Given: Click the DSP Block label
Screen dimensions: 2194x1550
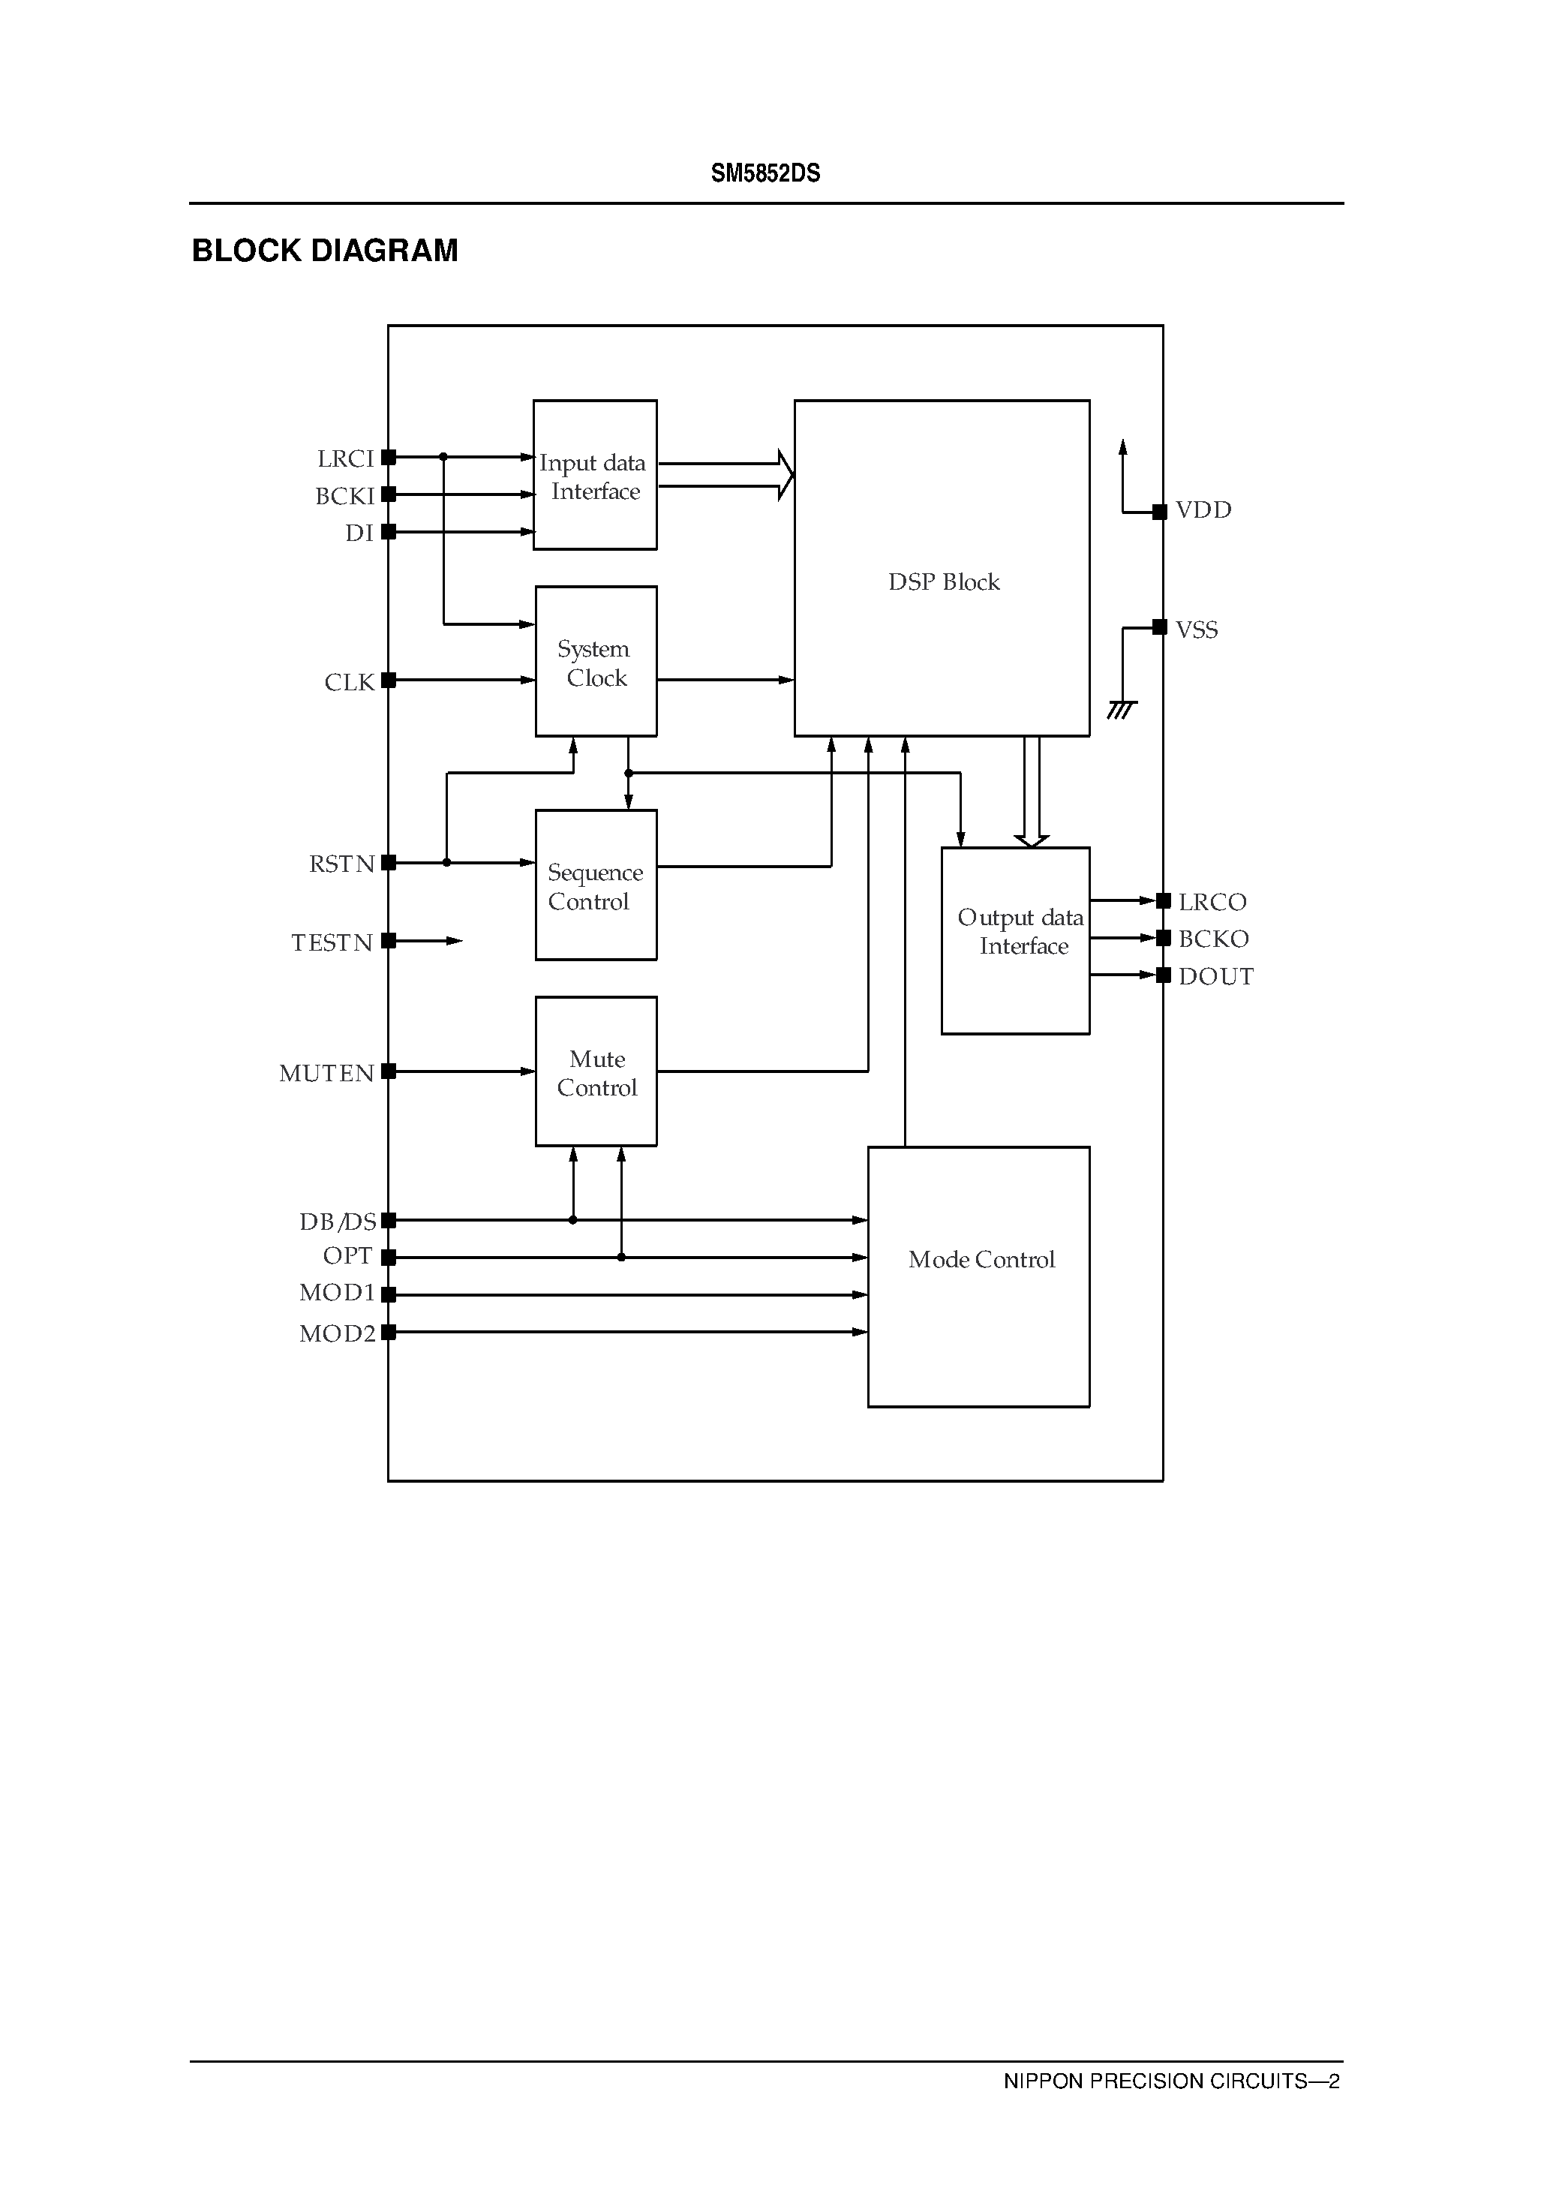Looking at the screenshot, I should tap(943, 582).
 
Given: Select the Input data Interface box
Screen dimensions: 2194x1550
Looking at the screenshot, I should tap(594, 475).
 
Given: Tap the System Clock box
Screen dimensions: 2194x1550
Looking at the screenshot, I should tap(596, 661).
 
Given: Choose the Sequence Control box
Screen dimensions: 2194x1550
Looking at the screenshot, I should tap(596, 885).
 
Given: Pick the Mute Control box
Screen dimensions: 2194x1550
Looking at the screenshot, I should tap(596, 1071).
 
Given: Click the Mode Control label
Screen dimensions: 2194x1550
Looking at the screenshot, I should tap(981, 1259).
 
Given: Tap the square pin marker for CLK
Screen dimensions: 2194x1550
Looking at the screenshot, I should tap(388, 681).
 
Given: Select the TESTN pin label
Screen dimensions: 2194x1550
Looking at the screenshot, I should tap(332, 943).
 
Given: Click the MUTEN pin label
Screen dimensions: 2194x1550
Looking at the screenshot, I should tap(326, 1073).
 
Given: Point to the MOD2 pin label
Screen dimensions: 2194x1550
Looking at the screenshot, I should tap(338, 1333).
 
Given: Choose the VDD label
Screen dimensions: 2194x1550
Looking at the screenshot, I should tap(1203, 510).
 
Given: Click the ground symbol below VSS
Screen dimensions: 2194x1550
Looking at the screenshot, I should tap(1121, 709).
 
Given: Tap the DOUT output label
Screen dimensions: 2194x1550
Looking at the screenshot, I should tap(1215, 977).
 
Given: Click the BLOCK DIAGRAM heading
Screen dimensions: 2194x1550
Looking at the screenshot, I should tap(325, 251).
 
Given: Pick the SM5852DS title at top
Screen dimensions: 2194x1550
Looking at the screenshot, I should tap(765, 173).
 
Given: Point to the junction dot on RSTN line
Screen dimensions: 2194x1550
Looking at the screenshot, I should tap(446, 863).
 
